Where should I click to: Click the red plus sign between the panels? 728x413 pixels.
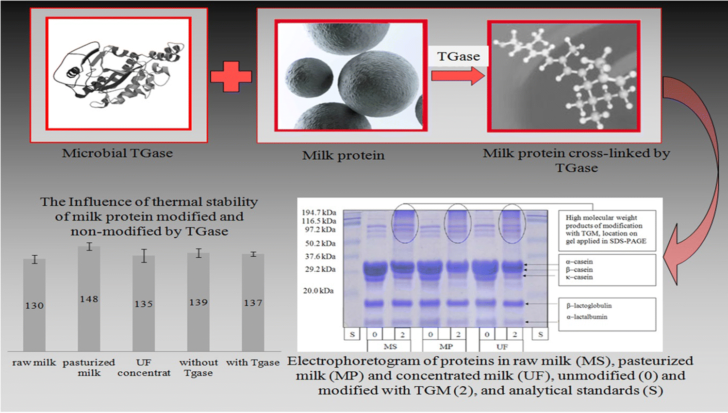231,76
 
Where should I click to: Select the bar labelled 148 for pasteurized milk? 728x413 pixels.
89,298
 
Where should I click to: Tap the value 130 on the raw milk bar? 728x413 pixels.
34,305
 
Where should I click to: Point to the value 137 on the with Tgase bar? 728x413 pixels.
253,303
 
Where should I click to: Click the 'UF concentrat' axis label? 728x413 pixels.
144,367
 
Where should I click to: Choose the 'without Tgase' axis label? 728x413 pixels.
199,367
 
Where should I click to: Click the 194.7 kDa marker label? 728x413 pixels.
319,213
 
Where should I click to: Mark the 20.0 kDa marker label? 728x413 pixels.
319,291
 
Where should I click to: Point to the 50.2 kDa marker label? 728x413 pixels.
320,243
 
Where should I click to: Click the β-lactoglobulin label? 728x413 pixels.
589,306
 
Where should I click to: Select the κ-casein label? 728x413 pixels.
579,277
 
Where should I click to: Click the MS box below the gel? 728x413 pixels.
390,347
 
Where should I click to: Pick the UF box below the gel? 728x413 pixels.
502,347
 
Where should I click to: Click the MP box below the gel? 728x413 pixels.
446,347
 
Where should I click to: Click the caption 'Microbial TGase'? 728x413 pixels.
117,153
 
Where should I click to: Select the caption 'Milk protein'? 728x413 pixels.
343,156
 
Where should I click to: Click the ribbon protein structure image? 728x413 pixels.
118,74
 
